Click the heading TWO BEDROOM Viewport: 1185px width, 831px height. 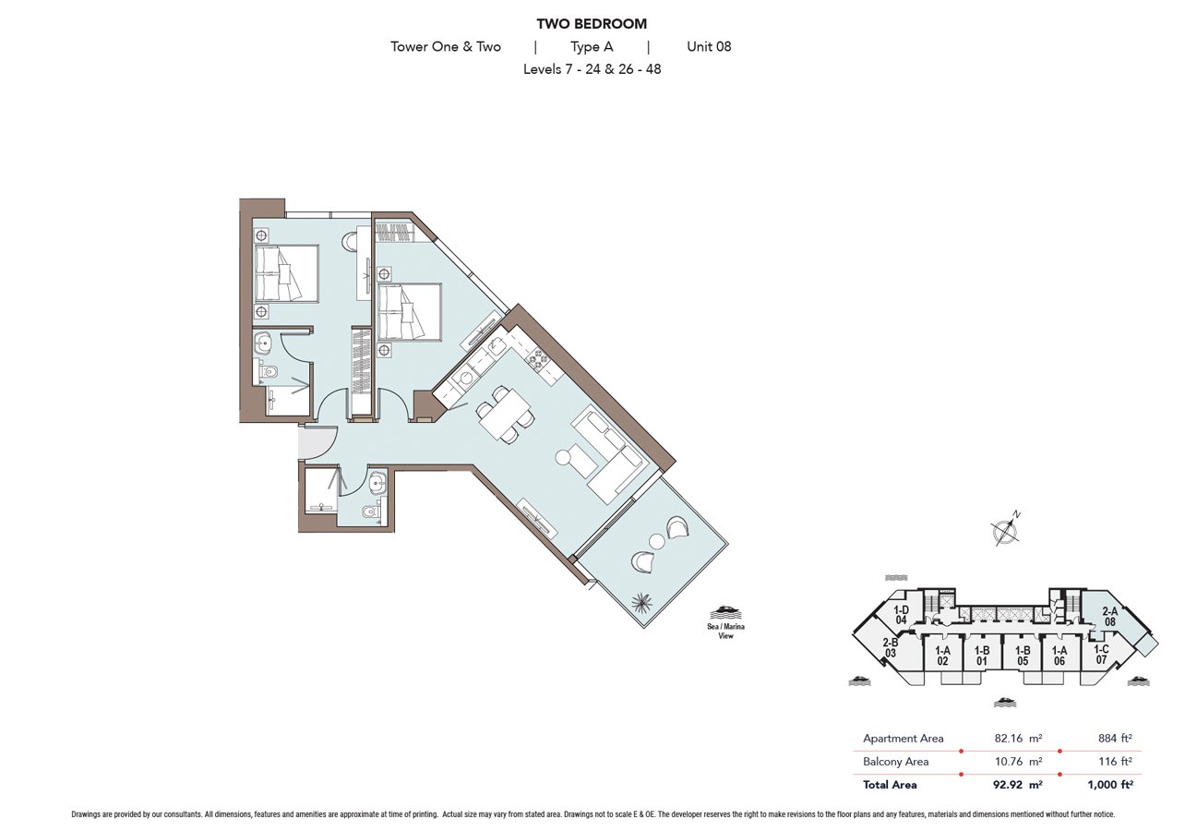[592, 24]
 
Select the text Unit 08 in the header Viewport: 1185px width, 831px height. [709, 46]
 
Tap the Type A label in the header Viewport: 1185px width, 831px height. [592, 47]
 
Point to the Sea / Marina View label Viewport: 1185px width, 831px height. [725, 631]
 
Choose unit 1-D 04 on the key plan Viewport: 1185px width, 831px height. [902, 615]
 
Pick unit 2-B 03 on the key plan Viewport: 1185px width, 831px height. [891, 648]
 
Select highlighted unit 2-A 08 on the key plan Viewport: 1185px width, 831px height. [1110, 617]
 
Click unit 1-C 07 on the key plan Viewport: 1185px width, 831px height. [1101, 655]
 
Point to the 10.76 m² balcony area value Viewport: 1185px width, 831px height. [1018, 761]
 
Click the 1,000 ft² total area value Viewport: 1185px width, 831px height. [1110, 785]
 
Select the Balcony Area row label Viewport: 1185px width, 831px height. [895, 761]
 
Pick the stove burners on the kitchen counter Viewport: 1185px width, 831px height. [538, 359]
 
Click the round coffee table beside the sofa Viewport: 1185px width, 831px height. [563, 457]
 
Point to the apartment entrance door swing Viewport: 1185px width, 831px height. [317, 442]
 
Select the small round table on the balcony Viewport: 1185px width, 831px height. [656, 542]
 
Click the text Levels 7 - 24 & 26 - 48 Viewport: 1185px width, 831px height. [592, 69]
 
